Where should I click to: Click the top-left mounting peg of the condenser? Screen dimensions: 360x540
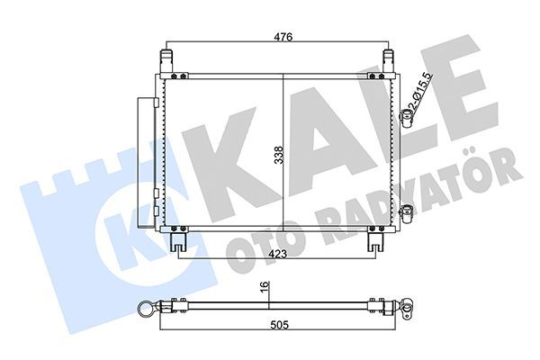(166, 62)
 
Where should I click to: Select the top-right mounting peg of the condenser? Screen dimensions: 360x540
(389, 62)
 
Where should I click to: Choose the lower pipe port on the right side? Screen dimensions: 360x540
(409, 212)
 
